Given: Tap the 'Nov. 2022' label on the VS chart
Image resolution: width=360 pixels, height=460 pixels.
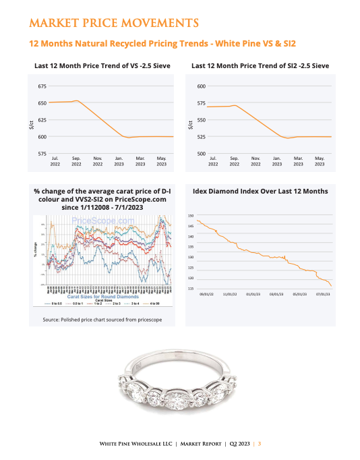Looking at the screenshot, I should pyautogui.click(x=97, y=161).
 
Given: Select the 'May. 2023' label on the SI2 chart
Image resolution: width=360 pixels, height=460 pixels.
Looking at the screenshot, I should pyautogui.click(x=320, y=161).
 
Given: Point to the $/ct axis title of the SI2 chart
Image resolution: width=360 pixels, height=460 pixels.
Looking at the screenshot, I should pyautogui.click(x=191, y=123).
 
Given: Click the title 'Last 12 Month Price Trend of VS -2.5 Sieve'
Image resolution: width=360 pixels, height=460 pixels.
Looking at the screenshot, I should pyautogui.click(x=102, y=66).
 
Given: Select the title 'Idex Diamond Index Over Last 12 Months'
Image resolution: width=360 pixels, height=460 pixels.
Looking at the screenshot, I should pyautogui.click(x=260, y=191).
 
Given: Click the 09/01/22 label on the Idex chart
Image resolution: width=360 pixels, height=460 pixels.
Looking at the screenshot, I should pyautogui.click(x=207, y=295).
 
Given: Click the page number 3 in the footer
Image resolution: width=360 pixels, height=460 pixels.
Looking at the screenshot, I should pyautogui.click(x=260, y=443).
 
